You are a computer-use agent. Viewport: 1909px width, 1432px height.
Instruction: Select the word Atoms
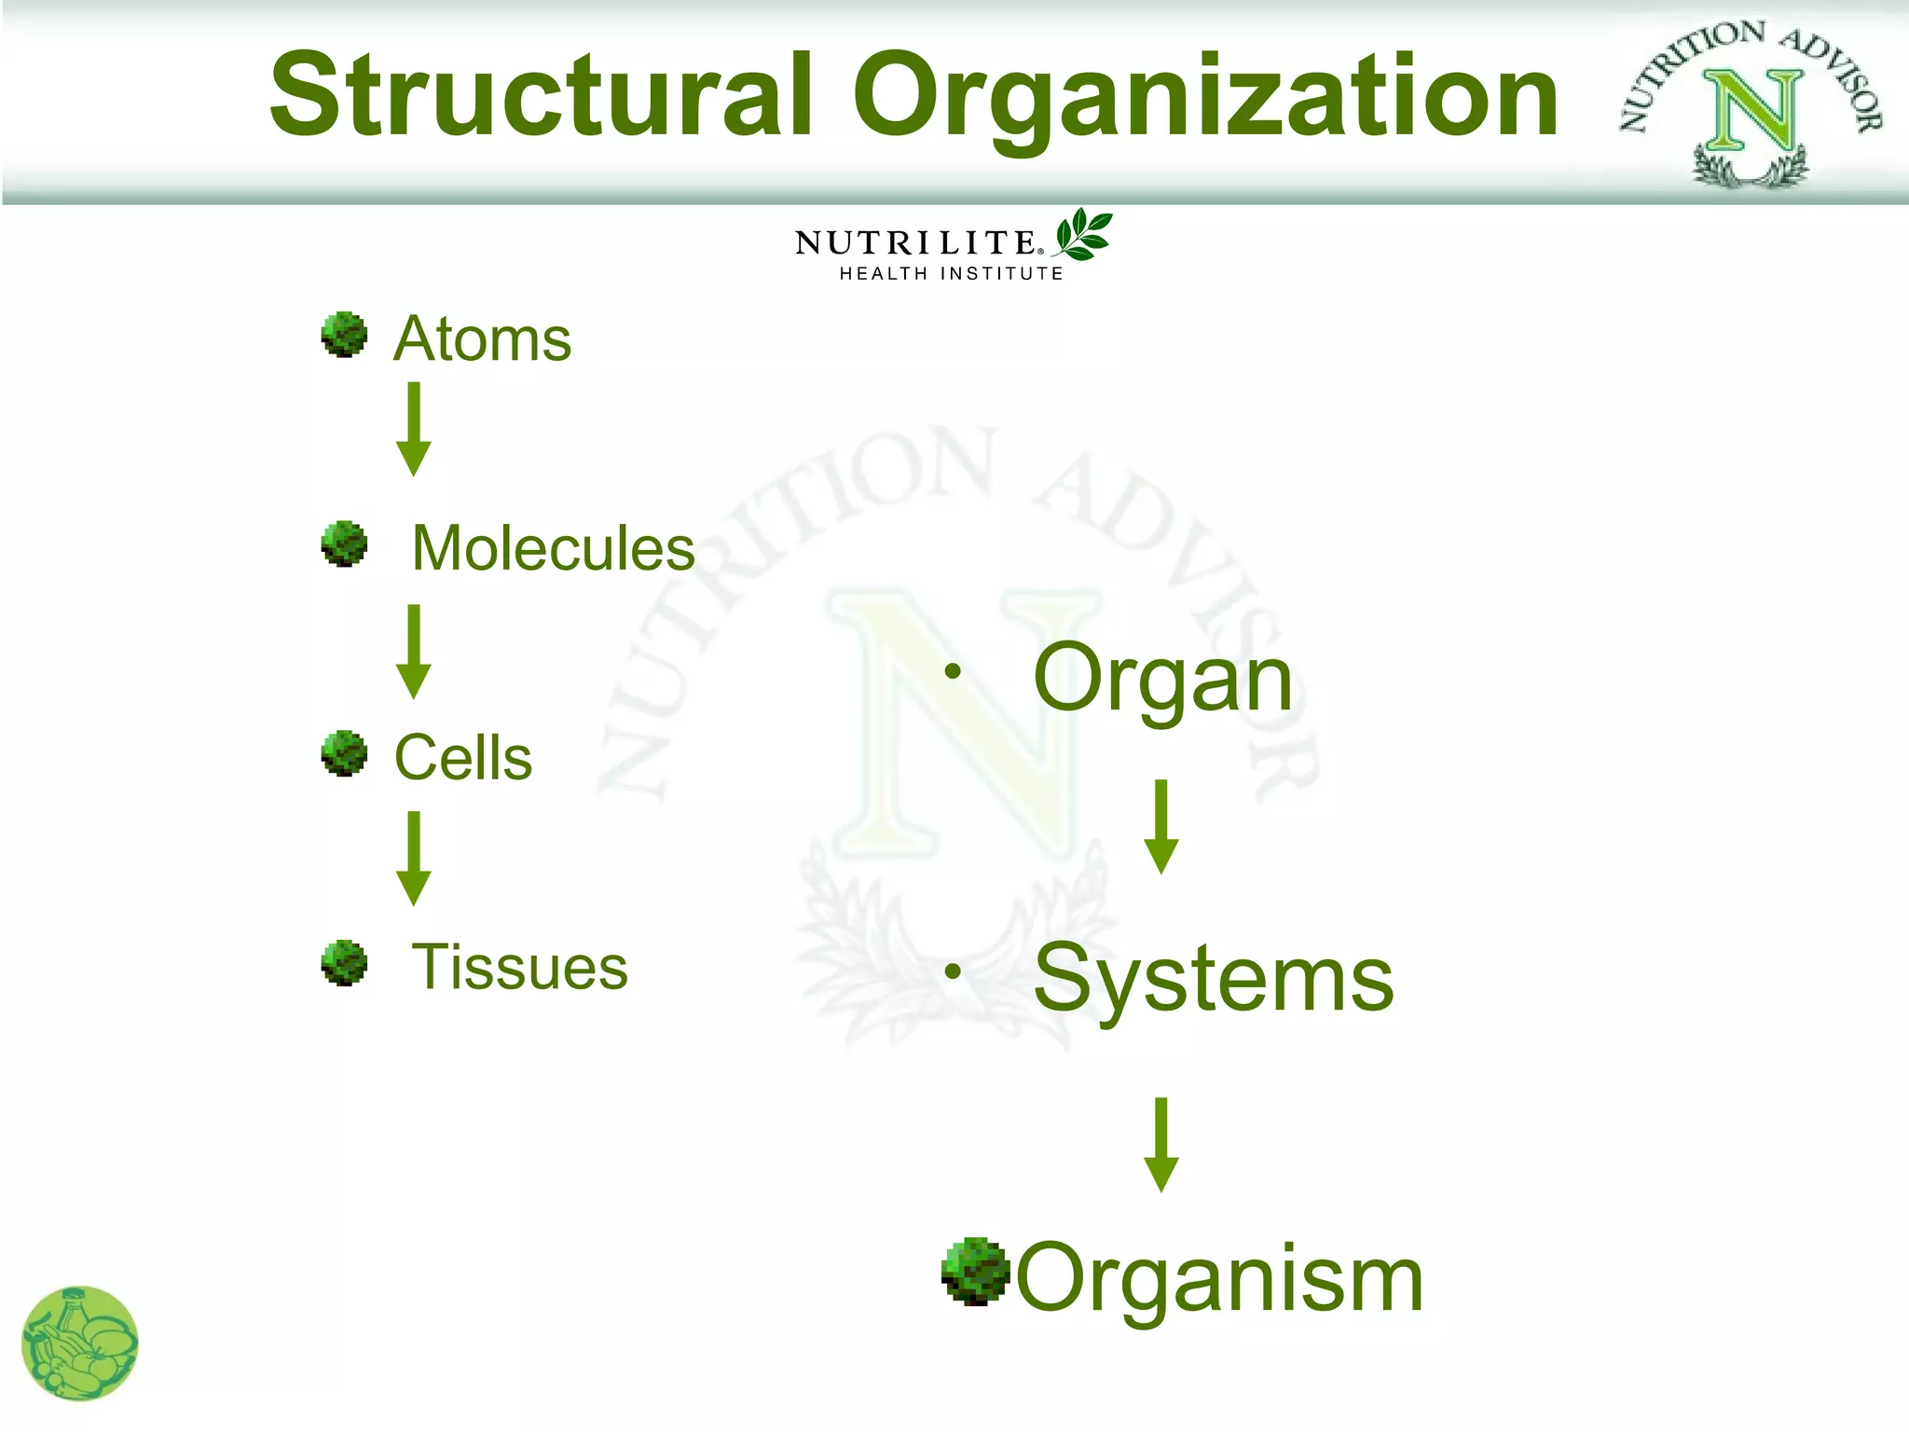point(482,338)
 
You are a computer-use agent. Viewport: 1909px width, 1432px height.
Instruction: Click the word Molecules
point(553,548)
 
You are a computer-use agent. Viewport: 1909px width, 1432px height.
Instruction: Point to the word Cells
point(462,757)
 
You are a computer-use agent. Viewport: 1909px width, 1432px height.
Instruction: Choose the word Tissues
point(519,967)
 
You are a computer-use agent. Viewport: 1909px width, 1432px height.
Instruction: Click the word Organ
point(1162,679)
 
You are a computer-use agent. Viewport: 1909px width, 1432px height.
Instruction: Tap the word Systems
point(1213,978)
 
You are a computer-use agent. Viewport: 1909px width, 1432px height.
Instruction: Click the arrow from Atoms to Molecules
point(414,429)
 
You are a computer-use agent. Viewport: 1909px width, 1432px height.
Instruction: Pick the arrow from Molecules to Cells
point(414,652)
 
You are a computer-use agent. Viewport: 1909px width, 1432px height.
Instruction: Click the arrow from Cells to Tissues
point(414,859)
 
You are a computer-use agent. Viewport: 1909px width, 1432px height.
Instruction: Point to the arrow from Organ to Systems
point(1161,827)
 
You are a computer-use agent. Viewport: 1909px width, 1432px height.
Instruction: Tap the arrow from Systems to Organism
point(1161,1145)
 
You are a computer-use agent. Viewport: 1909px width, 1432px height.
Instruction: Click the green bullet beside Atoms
point(344,335)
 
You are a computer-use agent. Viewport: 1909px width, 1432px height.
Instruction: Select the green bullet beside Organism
point(975,1272)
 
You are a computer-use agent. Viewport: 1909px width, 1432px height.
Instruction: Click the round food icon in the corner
point(80,1343)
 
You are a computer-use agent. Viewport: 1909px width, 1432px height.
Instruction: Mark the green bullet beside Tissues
point(344,963)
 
